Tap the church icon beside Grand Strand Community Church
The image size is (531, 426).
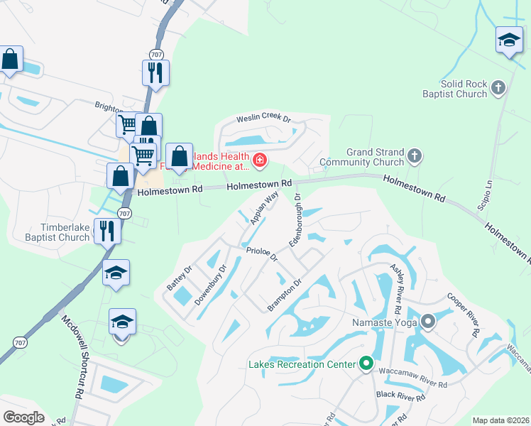click(416, 155)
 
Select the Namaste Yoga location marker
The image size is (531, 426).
click(428, 322)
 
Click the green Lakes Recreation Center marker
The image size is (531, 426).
click(366, 364)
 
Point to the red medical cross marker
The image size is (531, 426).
click(260, 160)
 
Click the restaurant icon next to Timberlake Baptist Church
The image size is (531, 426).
click(106, 231)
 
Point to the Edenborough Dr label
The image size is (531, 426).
click(296, 219)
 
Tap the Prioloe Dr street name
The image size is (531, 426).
click(261, 253)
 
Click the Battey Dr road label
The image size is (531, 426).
click(179, 277)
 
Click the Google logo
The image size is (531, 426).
click(23, 417)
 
